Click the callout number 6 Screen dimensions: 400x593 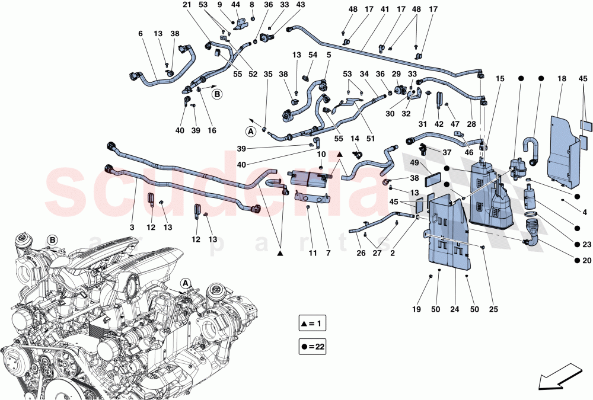point(141,34)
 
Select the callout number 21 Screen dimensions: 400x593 point(187,5)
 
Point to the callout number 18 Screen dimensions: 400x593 point(561,79)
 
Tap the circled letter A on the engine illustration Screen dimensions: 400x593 point(186,283)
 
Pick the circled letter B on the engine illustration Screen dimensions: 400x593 point(52,240)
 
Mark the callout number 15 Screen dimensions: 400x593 point(500,79)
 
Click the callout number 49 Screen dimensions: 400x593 point(415,164)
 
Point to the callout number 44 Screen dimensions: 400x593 point(236,5)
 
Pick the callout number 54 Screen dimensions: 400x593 point(313,55)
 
